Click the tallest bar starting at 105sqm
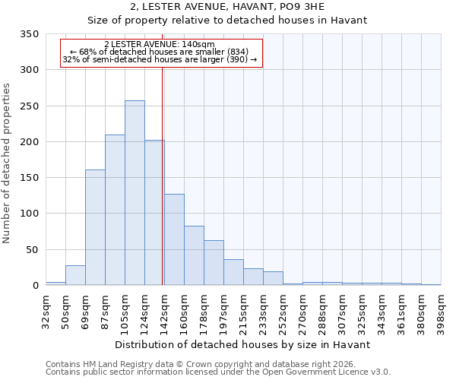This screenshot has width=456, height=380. coord(135,193)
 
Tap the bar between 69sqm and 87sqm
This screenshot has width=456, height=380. coord(95,228)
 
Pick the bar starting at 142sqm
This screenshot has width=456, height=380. coord(174,240)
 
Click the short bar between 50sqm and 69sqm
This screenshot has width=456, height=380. coord(75,276)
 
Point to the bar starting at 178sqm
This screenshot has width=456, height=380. coord(214,263)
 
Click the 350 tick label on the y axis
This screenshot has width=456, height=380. coord(29,34)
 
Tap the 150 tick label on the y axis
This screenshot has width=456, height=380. coord(29,178)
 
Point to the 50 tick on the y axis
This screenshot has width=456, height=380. coord(32,250)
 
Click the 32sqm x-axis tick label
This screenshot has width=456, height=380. coord(46,312)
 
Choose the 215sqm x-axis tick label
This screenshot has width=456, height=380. coord(243,312)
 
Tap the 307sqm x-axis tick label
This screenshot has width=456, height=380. coord(342,312)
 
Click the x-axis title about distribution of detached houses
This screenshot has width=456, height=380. coord(243,344)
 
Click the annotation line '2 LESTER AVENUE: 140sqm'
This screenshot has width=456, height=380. coord(160,45)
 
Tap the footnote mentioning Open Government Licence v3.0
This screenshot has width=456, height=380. coord(218,372)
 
